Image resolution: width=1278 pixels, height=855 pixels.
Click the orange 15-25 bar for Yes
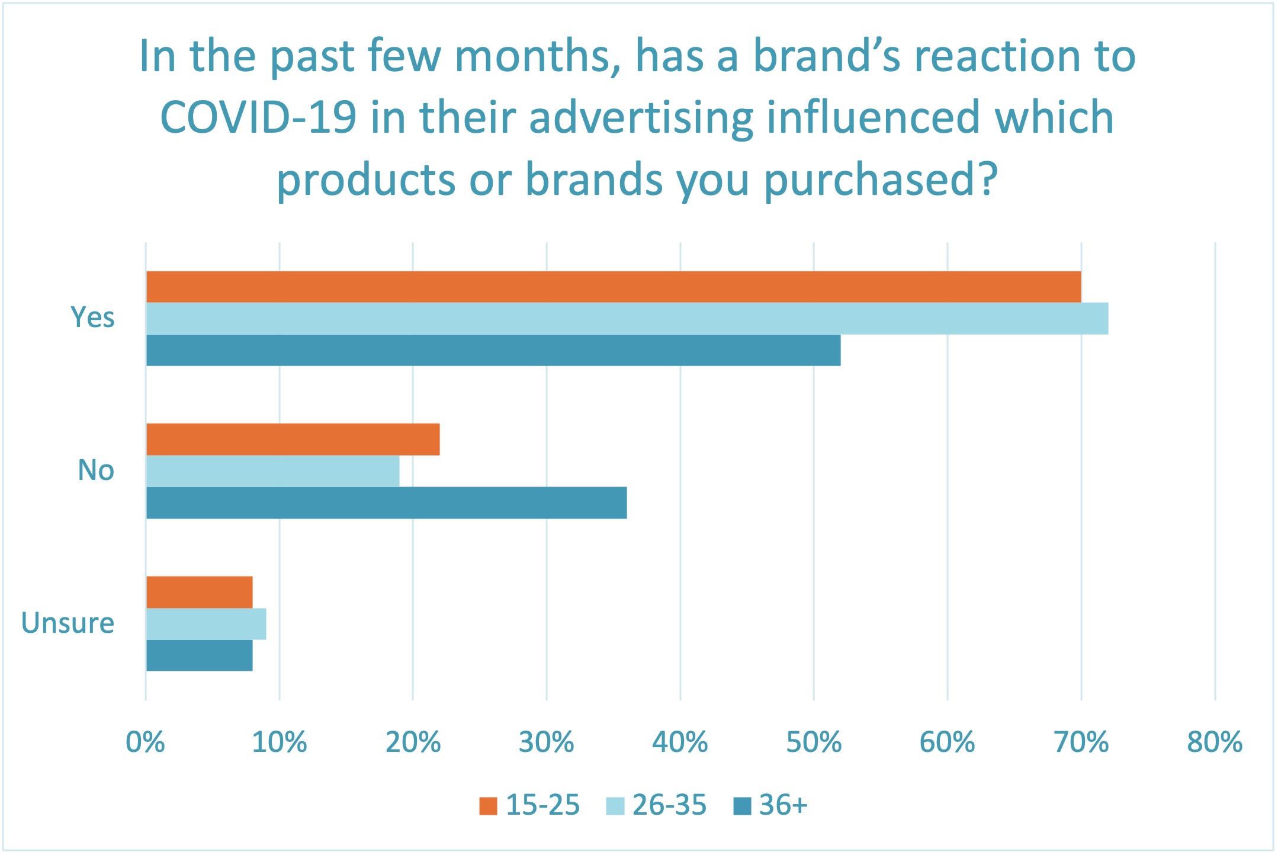pos(613,287)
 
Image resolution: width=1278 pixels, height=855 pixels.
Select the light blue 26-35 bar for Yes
pos(627,319)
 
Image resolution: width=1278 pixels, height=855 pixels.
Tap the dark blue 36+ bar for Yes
pos(493,350)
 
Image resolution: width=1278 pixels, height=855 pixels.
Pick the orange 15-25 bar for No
pos(293,439)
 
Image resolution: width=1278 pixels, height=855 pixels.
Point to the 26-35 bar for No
pos(272,471)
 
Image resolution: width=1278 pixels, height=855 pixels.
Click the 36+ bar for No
pos(386,502)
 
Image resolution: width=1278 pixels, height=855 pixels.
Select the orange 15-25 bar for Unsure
pos(199,592)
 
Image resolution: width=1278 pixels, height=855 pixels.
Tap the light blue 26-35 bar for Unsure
pos(205,624)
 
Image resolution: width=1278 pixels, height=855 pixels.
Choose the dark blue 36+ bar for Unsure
pos(199,655)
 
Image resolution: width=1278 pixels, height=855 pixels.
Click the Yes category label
pos(92,318)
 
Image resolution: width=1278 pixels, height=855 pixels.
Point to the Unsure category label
pos(68,623)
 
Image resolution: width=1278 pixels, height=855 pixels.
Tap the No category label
pos(95,470)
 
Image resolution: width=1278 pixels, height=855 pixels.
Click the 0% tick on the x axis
pos(145,742)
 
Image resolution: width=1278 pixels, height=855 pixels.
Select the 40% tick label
pos(680,742)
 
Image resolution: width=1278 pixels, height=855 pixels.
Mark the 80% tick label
pos(1215,742)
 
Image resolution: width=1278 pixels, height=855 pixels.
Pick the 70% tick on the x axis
pos(1081,742)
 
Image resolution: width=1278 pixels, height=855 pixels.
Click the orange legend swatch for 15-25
pos(488,806)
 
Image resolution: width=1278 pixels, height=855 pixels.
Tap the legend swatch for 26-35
pos(615,806)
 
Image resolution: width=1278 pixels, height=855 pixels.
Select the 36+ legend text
pos(783,805)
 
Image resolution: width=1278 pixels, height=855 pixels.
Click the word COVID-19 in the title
pos(258,117)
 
